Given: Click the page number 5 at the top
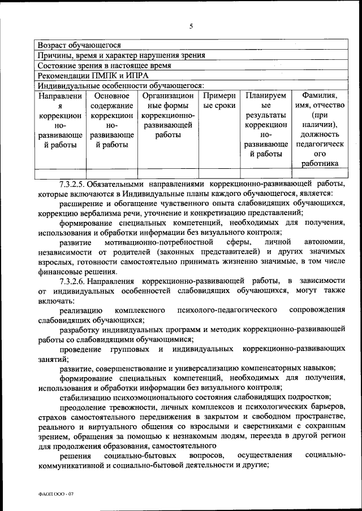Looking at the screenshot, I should click(191, 27).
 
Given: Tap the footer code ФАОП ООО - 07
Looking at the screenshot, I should click(56, 492).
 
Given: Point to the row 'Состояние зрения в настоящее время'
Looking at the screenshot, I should click(104, 65).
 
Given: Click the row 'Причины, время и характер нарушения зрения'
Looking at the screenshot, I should click(121, 55).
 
